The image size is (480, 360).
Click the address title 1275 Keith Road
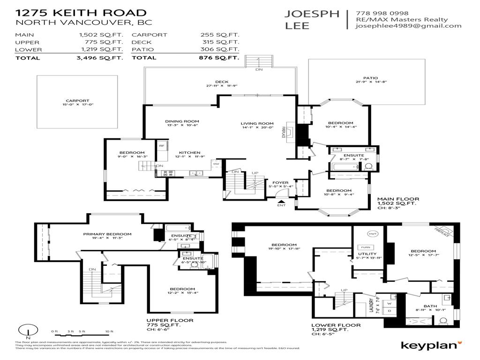(81, 13)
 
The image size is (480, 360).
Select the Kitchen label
(189, 152)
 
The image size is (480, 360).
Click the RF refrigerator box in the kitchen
(162, 146)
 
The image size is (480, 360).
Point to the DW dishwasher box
(216, 164)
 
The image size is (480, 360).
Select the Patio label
(370, 78)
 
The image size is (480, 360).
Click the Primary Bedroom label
(107, 234)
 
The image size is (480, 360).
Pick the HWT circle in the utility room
(373, 234)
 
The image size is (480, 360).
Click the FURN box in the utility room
(365, 247)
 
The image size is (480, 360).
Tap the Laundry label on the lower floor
(371, 307)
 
